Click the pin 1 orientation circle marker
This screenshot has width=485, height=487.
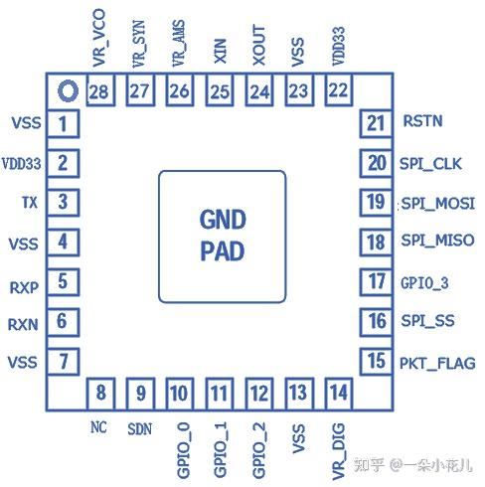coord(67,92)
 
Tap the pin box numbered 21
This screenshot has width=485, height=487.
coord(375,123)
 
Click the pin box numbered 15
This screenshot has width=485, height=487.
coord(375,361)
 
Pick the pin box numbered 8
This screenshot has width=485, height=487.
coord(99,392)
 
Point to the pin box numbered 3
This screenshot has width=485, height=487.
coord(63,203)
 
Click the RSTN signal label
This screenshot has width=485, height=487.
coord(423,122)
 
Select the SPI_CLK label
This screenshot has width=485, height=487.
coord(430,163)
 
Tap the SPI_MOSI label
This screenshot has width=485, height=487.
coord(436,203)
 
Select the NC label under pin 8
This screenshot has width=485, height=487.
coord(97,427)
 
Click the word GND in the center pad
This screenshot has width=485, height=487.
coord(222,220)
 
